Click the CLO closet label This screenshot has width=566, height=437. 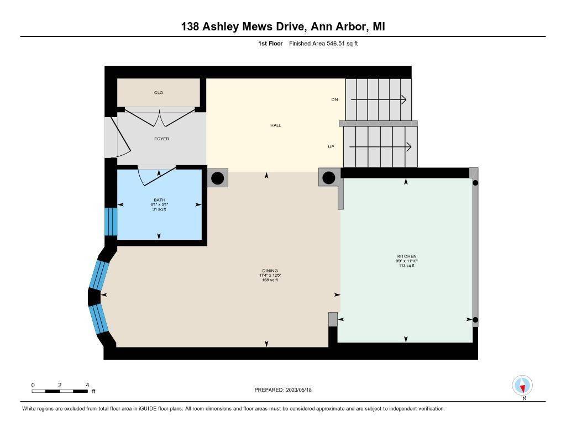tap(159, 93)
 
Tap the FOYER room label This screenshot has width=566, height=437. tap(161, 139)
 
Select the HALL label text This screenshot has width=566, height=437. tap(275, 125)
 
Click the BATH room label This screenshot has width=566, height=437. tap(159, 200)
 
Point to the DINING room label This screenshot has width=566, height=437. tap(270, 271)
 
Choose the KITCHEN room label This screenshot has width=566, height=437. tap(406, 256)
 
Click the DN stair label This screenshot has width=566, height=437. tap(334, 99)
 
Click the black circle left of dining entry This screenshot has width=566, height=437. tap(218, 178)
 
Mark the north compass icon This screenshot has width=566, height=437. tap(522, 386)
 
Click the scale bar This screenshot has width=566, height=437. tap(60, 391)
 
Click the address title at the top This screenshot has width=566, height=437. tap(283, 27)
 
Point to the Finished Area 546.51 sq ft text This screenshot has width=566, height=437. tap(323, 44)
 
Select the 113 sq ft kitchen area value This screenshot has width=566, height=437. tap(406, 266)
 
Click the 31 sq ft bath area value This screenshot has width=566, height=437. tap(159, 209)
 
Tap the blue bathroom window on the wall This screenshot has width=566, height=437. tap(111, 222)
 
